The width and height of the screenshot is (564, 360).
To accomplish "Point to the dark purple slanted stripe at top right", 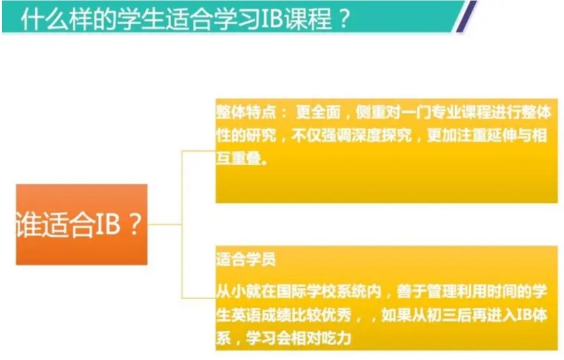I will click(468, 16).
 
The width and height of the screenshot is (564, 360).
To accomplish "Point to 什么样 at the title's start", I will click(49, 19).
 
